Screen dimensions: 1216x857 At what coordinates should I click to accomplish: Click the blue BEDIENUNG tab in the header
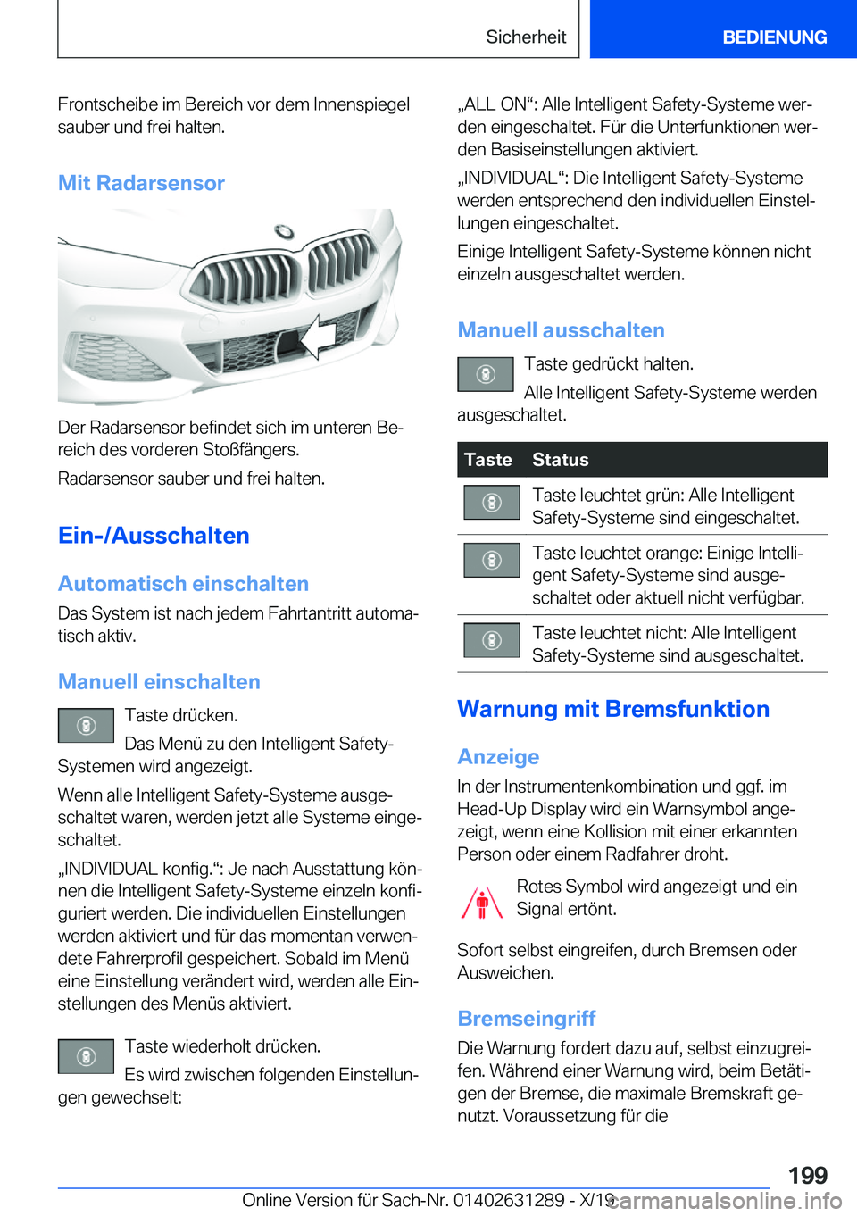click(x=774, y=37)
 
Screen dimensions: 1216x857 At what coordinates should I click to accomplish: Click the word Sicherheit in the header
click(x=526, y=37)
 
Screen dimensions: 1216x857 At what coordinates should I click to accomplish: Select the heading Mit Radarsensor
click(x=141, y=183)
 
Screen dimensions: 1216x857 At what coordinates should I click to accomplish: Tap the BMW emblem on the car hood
click(x=284, y=231)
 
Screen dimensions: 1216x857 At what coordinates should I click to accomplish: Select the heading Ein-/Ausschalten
click(x=154, y=536)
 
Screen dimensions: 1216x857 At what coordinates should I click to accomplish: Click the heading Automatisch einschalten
click(x=183, y=584)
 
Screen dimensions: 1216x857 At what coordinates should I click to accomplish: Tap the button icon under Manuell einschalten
click(x=86, y=726)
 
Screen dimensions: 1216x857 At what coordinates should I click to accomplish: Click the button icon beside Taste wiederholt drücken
click(x=86, y=1057)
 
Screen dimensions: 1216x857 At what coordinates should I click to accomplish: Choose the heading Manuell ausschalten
click(x=561, y=330)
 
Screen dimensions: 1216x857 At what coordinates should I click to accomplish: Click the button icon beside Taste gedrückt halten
click(x=485, y=374)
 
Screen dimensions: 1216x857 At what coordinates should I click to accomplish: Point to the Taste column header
click(x=488, y=460)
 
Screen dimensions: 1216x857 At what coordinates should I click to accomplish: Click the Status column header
click(x=561, y=460)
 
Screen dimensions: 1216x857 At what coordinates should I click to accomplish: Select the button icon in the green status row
click(x=491, y=503)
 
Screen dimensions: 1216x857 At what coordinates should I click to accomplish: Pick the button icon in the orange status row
click(x=491, y=560)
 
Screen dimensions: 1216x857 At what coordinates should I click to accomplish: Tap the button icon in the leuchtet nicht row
click(x=491, y=640)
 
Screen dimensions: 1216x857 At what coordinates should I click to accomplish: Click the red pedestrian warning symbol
click(x=482, y=902)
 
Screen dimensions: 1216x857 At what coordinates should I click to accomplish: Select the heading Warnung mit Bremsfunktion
click(x=613, y=709)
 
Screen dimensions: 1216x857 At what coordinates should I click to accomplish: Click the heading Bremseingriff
click(x=527, y=1019)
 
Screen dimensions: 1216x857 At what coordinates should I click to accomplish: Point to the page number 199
click(x=807, y=1175)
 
